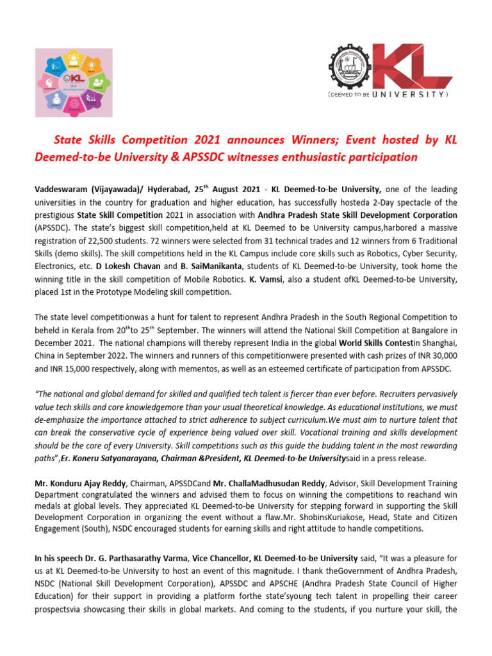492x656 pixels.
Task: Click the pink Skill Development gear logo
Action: pos(73,83)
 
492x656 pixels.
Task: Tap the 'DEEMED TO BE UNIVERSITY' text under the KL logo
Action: pos(388,94)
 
